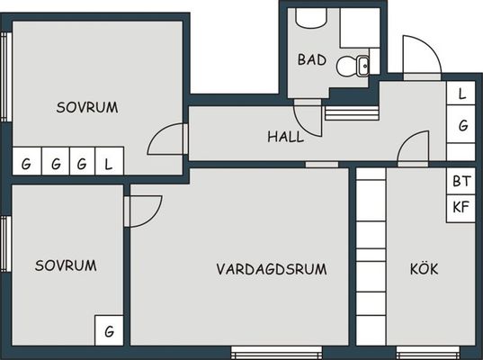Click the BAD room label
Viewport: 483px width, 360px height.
[312, 59]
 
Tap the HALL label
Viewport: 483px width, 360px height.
[286, 137]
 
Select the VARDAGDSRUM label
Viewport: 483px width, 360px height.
[272, 269]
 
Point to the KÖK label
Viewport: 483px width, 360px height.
[424, 269]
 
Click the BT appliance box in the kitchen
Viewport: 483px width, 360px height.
[461, 181]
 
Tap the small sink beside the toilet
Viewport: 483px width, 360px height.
[362, 66]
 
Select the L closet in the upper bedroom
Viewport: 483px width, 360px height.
[110, 161]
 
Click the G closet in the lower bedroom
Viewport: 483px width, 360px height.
[109, 330]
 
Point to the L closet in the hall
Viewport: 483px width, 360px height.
[461, 93]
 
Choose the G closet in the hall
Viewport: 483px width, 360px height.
[461, 124]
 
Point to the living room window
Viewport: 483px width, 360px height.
[277, 351]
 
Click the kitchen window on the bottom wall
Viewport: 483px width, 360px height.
[428, 351]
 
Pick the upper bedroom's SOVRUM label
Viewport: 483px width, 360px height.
[87, 107]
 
